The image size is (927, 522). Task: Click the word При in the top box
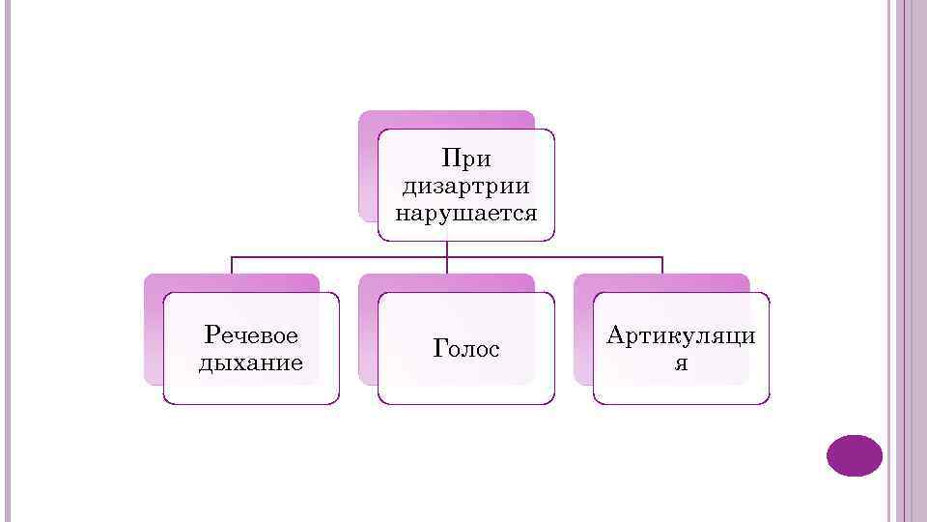coord(465,157)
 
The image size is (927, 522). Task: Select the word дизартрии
coord(465,184)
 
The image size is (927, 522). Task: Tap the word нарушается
coord(465,211)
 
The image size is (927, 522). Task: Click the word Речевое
coord(251,335)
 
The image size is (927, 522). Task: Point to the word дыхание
coord(251,362)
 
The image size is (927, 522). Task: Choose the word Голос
coord(466,349)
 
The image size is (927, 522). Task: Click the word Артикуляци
coord(682,335)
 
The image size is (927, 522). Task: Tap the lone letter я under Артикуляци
coord(682,362)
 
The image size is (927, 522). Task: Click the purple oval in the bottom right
coord(855,455)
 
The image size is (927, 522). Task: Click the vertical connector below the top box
coord(447,248)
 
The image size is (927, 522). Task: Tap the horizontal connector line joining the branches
coord(338,257)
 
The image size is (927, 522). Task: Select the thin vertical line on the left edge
coord(8,261)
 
